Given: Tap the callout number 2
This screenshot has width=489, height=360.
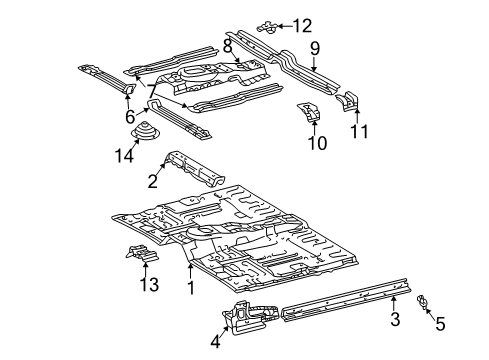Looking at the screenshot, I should pyautogui.click(x=153, y=181).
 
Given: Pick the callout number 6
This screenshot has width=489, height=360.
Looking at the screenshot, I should pyautogui.click(x=129, y=117).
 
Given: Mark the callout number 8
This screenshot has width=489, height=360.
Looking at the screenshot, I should pyautogui.click(x=228, y=46).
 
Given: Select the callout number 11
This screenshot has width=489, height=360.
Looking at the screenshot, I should pyautogui.click(x=360, y=129).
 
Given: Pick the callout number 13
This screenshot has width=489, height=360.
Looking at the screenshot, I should pyautogui.click(x=149, y=286).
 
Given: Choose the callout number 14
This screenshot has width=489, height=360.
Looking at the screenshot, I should pyautogui.click(x=124, y=155).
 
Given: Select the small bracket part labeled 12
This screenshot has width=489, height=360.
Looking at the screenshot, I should pyautogui.click(x=272, y=26).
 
